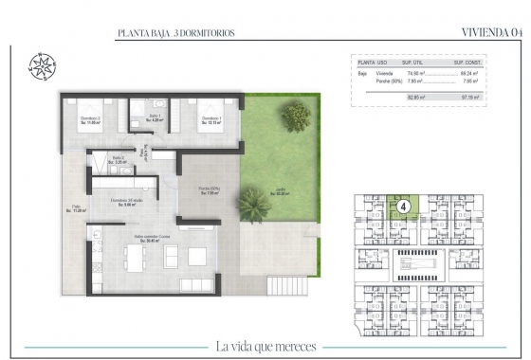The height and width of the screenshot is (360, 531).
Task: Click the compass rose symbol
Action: tap(41, 65)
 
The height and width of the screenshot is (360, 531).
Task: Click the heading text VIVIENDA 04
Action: tap(491, 32)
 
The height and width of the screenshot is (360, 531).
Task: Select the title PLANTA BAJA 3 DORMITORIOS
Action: tap(175, 33)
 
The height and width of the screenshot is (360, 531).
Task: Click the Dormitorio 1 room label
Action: tap(211, 120)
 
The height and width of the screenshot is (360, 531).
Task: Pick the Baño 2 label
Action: tap(118, 160)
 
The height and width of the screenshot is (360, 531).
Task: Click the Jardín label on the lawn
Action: tap(281, 192)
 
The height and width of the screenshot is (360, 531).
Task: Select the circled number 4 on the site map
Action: tap(403, 205)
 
